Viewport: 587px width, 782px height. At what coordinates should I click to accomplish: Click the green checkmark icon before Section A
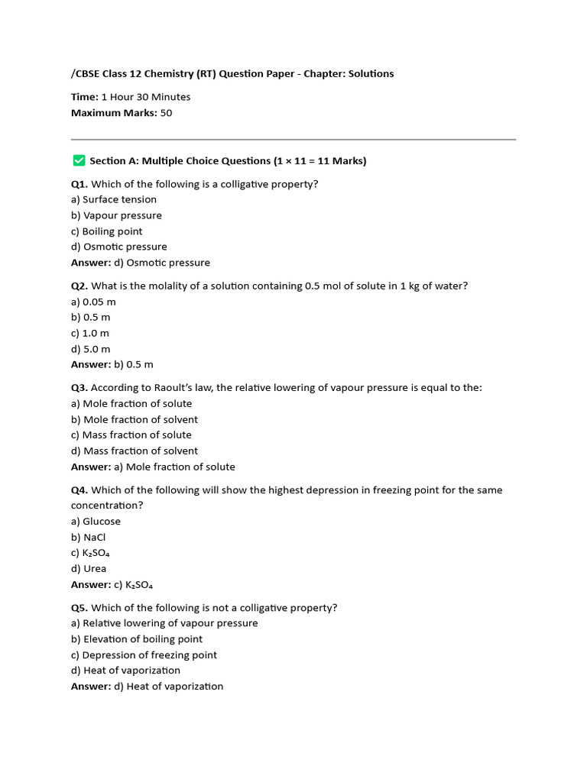(78, 160)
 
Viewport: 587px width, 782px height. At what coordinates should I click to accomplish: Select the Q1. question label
(79, 184)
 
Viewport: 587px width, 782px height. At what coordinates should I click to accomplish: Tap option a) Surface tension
(114, 200)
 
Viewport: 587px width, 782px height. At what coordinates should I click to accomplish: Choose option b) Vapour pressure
(116, 215)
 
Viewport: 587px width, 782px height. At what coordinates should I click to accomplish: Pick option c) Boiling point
(107, 231)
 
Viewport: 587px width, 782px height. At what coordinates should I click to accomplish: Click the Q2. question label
(79, 286)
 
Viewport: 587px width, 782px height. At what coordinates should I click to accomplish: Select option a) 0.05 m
(93, 302)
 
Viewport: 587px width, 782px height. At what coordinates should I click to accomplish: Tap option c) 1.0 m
(90, 333)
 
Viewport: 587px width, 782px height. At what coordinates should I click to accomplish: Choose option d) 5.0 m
(90, 349)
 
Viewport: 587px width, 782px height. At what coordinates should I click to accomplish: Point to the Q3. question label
(79, 388)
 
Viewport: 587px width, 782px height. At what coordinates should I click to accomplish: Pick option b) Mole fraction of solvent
(135, 419)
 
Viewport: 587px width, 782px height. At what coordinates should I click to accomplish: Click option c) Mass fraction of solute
(131, 435)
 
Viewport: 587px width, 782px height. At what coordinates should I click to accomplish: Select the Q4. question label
(79, 490)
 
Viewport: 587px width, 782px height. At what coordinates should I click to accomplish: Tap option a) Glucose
(96, 522)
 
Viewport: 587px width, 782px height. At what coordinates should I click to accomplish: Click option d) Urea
(89, 568)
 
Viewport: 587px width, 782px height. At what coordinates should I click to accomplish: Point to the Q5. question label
(79, 608)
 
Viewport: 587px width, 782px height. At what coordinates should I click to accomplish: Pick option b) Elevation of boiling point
(137, 639)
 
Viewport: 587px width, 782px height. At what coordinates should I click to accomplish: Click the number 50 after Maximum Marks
(166, 113)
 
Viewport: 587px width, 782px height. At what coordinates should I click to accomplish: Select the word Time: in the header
(85, 97)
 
